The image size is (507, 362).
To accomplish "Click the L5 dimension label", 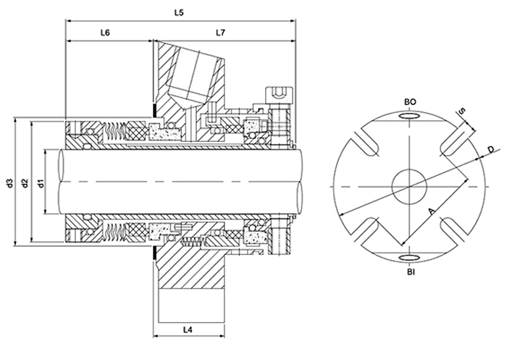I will click(x=180, y=12).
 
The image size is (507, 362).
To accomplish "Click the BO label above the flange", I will click(x=409, y=103).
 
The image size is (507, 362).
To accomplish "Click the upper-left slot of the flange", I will click(x=366, y=143).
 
